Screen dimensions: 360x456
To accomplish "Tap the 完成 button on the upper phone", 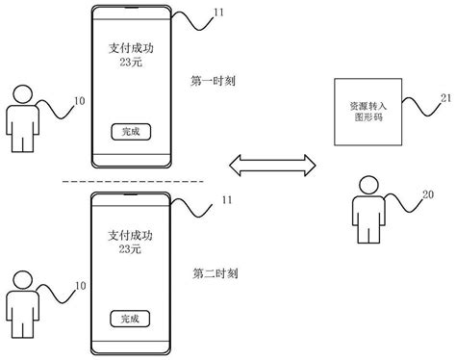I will click(x=129, y=131).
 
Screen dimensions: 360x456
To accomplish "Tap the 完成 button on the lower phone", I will click(x=129, y=316).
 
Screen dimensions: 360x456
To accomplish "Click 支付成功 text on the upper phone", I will click(x=129, y=45).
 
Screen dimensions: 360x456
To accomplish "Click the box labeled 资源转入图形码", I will click(x=360, y=110).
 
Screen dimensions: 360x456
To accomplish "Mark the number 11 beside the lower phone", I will click(x=225, y=199).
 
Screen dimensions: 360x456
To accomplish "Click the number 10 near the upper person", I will click(x=79, y=99).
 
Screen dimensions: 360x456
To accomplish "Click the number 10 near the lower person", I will click(x=80, y=286).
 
